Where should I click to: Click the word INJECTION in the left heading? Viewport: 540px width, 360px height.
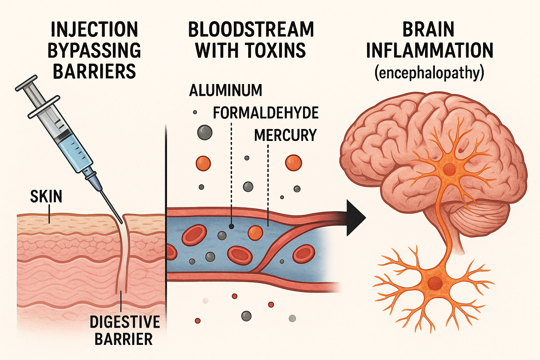(94, 30)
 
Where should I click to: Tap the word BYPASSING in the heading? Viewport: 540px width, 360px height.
(94, 51)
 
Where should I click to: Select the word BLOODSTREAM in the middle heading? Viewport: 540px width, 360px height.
(251, 30)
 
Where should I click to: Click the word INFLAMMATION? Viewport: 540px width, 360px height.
(430, 51)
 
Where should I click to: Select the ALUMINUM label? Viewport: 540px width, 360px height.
(226, 91)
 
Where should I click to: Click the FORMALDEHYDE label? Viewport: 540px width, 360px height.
(266, 113)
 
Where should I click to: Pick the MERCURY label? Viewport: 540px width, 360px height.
(285, 135)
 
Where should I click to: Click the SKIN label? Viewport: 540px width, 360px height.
(46, 196)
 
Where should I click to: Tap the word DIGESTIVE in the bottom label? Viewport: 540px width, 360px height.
(125, 322)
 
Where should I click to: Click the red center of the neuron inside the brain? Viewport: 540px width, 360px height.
(449, 169)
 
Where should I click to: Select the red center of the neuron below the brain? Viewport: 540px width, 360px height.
(435, 282)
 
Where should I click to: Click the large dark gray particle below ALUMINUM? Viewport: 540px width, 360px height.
(205, 133)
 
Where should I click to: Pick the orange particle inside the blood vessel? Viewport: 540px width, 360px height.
(255, 232)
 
